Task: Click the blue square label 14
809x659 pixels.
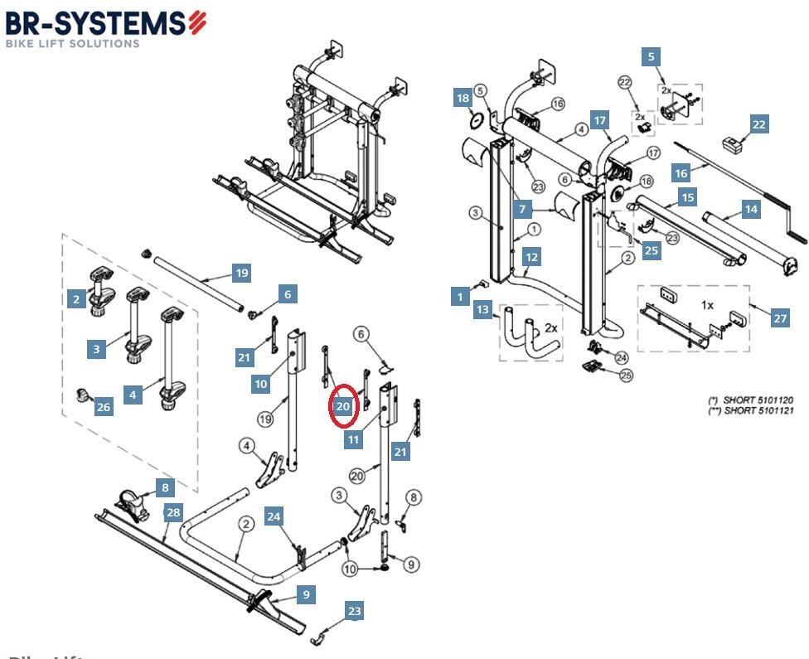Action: tap(751, 210)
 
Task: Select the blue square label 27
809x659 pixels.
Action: tap(779, 318)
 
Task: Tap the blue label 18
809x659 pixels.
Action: tap(463, 99)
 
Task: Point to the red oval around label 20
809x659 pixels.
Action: tap(343, 406)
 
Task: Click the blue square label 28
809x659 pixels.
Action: tap(172, 512)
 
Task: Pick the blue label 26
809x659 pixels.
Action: tap(104, 406)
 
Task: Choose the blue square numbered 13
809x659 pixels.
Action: tap(483, 310)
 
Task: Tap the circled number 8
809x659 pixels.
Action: tap(414, 497)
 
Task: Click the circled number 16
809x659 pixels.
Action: tap(557, 104)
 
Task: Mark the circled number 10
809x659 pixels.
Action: tap(350, 569)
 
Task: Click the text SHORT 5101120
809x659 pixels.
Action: tap(758, 400)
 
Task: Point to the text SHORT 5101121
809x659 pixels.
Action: tap(758, 411)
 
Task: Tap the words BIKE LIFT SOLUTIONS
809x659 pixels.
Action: tap(72, 43)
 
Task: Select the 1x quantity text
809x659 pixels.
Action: tap(707, 305)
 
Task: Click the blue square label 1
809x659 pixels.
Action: tap(461, 295)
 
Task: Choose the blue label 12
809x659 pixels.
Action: tap(531, 257)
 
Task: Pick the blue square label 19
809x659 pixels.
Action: tap(241, 273)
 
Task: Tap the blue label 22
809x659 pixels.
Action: tap(758, 124)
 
